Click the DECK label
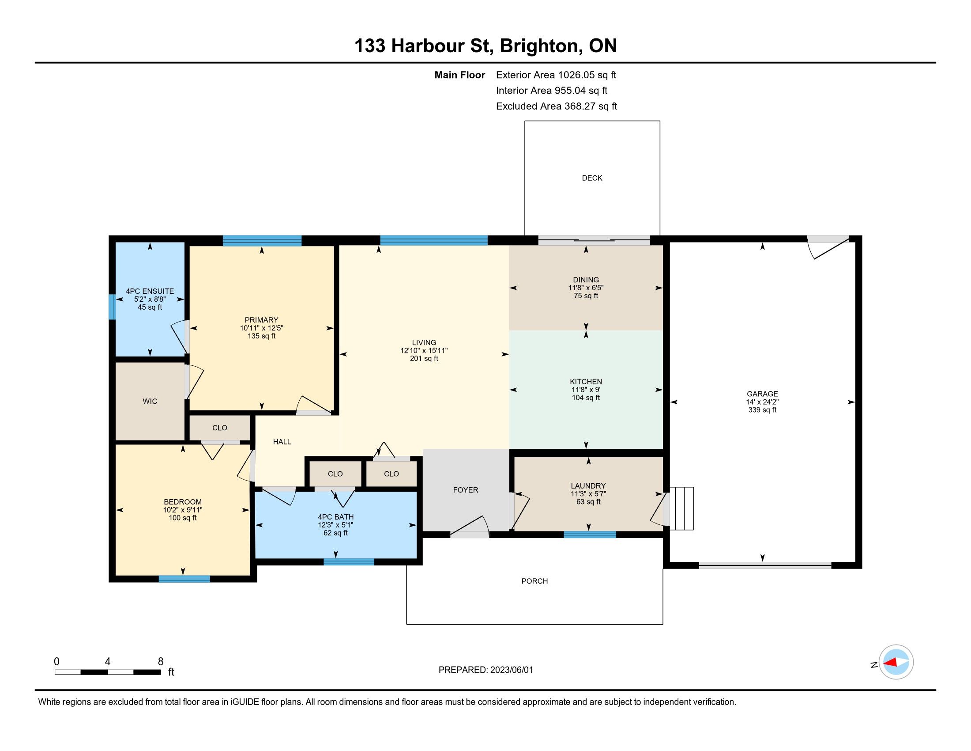click(592, 178)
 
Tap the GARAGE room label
click(762, 394)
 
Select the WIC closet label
click(150, 401)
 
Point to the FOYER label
click(466, 490)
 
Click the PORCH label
click(534, 581)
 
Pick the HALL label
click(282, 442)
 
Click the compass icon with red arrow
click(896, 662)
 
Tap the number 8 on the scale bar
click(161, 662)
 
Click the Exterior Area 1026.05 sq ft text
click(556, 75)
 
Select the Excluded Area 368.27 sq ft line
click(557, 106)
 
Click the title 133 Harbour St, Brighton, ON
click(485, 46)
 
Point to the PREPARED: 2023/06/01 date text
click(485, 670)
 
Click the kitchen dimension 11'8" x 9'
click(586, 390)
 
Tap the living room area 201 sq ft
click(424, 359)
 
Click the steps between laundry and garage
click(681, 508)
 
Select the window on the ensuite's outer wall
click(112, 307)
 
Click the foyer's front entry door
click(470, 527)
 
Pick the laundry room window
click(590, 535)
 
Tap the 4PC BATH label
click(336, 517)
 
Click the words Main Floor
click(460, 75)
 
